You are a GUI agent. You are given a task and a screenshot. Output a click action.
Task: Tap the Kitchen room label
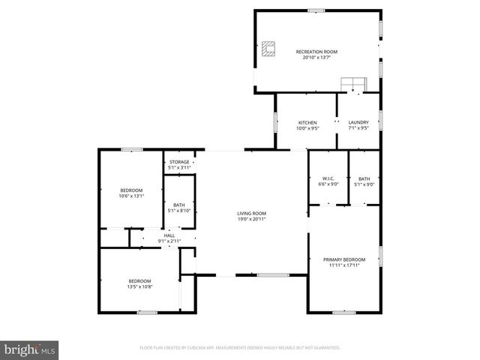point(307,122)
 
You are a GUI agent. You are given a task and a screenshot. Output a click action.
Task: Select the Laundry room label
point(358,122)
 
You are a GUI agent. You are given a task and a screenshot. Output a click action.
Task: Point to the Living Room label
point(252,213)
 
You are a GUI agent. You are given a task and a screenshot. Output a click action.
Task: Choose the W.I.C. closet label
point(328,178)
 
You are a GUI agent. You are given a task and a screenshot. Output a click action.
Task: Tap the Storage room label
point(179,162)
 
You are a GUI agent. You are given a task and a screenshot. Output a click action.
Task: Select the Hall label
point(169,235)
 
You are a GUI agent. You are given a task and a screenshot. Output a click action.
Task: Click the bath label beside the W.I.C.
point(364,178)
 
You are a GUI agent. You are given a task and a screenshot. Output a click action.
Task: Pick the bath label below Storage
point(179,205)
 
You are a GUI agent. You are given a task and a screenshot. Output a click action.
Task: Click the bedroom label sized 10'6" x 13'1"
point(131,190)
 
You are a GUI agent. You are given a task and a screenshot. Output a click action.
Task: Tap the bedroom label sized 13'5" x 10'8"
point(139,281)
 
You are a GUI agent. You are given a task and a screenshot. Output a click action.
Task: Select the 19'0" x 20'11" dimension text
point(252,218)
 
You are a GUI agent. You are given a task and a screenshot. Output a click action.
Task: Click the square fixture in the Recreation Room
point(268,49)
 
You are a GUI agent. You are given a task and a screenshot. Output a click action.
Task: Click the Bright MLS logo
point(30,349)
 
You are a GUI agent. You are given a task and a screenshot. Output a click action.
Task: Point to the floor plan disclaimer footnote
point(240,348)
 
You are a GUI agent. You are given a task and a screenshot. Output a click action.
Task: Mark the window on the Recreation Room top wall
point(316,10)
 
